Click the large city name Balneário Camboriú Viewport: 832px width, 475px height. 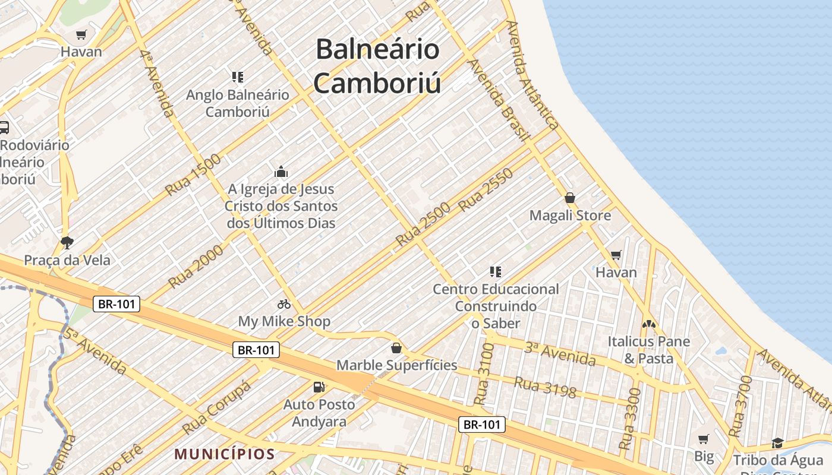[x=377, y=66]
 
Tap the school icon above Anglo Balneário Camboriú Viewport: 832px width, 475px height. [x=238, y=77]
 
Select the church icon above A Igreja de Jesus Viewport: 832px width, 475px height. [x=281, y=172]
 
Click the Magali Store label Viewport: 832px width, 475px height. [x=570, y=216]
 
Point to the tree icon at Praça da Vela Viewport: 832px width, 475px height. [x=67, y=242]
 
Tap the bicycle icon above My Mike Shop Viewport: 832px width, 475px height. [x=284, y=304]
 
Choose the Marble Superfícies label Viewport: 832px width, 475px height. [x=397, y=365]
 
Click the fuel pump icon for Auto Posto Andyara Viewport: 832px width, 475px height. [x=319, y=387]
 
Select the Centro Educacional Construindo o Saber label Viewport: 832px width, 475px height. [x=496, y=306]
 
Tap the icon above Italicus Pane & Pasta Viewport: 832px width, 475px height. [x=648, y=324]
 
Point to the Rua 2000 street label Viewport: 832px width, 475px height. [x=196, y=267]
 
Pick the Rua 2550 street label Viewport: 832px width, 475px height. [x=486, y=190]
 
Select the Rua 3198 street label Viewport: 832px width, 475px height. [x=545, y=387]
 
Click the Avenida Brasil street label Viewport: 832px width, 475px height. [x=498, y=100]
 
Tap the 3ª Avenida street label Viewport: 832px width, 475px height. [x=559, y=354]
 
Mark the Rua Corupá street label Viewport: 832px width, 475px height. [x=217, y=407]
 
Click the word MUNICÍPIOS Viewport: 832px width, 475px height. [x=224, y=454]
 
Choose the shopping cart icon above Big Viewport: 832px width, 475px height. [x=704, y=439]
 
